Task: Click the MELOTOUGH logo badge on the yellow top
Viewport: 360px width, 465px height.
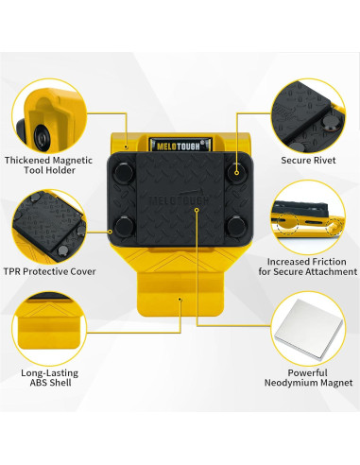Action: point(180,146)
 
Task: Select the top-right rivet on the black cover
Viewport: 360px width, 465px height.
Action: point(234,172)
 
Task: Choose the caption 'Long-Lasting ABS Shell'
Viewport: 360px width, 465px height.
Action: point(48,382)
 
